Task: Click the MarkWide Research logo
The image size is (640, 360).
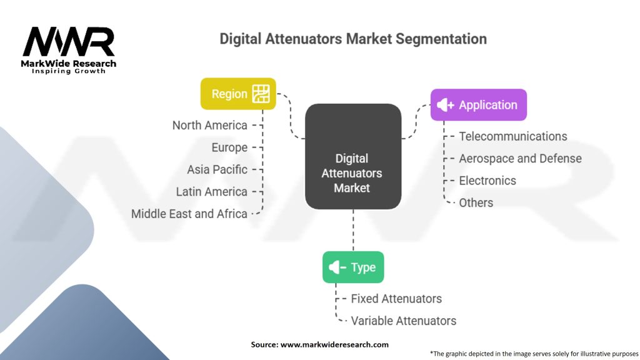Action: coord(69,49)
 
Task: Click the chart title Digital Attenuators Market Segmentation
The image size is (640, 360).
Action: coord(353,39)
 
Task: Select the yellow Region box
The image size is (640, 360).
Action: coord(238,94)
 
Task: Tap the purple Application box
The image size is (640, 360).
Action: coord(479,105)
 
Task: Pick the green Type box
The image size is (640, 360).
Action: coord(353,267)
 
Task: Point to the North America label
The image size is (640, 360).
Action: coord(210,125)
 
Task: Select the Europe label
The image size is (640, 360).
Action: coord(229,147)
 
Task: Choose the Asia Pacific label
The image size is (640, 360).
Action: coord(217,169)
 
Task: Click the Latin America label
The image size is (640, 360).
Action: coord(211,191)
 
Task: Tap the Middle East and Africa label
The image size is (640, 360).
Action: coord(189,214)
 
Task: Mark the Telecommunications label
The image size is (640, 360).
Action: coord(513,136)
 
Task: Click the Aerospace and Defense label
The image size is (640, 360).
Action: coord(520,158)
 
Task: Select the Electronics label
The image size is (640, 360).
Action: coord(487,181)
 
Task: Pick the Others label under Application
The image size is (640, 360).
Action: coord(476,202)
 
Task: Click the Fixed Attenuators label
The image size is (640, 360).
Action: coord(396,299)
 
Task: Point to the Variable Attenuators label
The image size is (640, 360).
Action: coord(403,321)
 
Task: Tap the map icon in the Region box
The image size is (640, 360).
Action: coord(261,94)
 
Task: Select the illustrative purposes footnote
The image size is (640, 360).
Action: coord(534,353)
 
